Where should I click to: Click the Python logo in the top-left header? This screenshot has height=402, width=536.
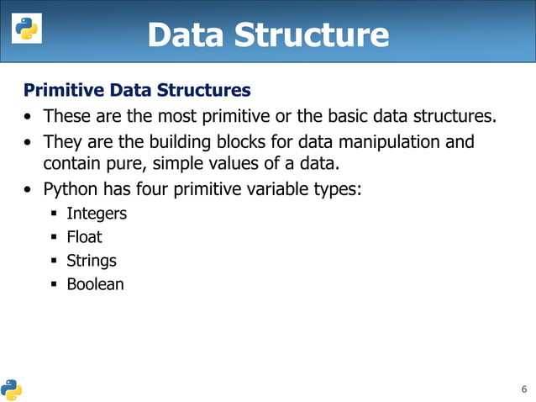[25, 30]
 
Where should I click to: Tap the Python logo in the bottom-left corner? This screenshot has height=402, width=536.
[12, 389]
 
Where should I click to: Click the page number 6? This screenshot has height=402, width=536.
[524, 389]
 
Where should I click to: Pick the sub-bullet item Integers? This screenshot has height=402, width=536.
[97, 214]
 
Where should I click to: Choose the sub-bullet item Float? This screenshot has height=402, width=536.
[84, 237]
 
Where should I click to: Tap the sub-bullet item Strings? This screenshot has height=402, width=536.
[92, 261]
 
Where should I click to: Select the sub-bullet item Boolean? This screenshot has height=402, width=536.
[95, 284]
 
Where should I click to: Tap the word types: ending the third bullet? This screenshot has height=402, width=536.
[339, 189]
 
